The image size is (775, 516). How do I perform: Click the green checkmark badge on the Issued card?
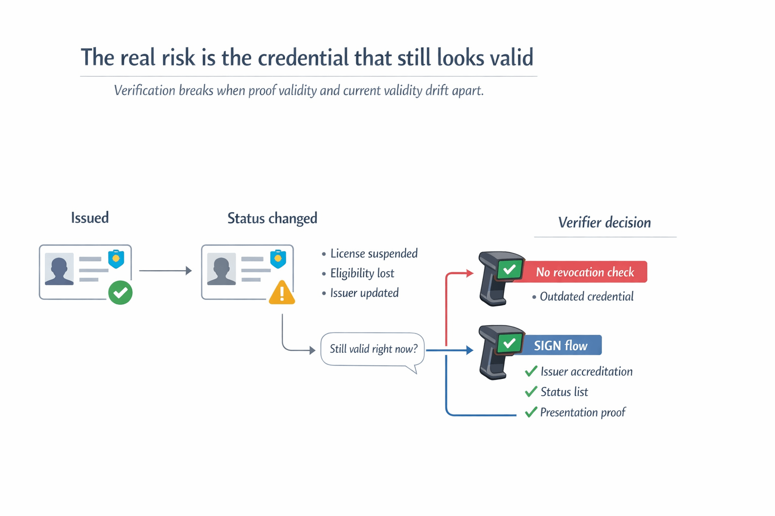click(x=120, y=293)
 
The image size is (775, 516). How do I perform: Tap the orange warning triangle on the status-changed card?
click(x=282, y=293)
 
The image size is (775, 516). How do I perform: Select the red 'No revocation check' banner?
click(x=584, y=272)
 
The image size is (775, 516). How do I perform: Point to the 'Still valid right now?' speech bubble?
click(x=373, y=349)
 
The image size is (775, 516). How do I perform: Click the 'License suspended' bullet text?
click(x=373, y=253)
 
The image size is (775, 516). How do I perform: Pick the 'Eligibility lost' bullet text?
click(x=362, y=274)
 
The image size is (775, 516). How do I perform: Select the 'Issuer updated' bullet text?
click(x=364, y=293)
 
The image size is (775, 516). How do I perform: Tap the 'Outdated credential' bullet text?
click(x=586, y=297)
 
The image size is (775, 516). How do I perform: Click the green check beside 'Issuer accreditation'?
click(x=531, y=372)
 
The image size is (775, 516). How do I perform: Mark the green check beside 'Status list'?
click(x=531, y=392)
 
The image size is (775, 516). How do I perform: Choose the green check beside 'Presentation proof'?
click(x=531, y=413)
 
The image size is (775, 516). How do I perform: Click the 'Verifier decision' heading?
click(x=604, y=223)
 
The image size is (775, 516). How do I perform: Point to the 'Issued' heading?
click(x=90, y=218)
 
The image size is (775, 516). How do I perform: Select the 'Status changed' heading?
click(x=272, y=218)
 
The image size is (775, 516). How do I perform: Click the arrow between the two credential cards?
click(x=165, y=271)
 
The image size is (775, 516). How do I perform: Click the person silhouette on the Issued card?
click(x=59, y=271)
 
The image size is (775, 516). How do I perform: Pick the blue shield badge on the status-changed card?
click(x=278, y=259)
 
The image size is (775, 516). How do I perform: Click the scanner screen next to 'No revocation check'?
click(x=509, y=270)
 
